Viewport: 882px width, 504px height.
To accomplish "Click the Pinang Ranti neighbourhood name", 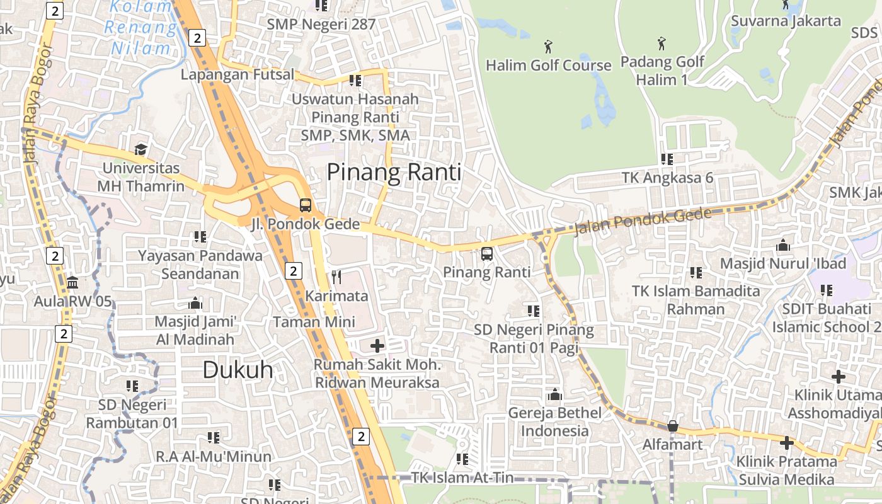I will point(394,172).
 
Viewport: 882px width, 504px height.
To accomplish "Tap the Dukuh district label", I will point(238,370).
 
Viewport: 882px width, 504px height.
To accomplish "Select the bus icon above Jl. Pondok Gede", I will point(306,205).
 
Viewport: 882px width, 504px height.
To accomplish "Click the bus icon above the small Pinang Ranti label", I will point(487,254).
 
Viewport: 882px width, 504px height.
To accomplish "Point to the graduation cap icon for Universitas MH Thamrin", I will point(140,150).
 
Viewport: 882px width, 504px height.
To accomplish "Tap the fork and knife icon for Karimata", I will point(336,277).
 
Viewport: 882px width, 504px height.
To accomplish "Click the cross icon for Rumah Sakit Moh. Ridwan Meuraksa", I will point(377,345).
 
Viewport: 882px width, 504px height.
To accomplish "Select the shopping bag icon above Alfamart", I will point(672,426).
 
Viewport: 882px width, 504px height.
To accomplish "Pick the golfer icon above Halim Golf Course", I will point(548,46).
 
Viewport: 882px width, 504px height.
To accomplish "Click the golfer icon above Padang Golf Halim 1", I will point(661,43).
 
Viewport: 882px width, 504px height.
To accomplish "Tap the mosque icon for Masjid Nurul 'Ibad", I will point(783,244).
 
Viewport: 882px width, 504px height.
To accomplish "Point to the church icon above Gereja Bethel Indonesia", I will point(555,394).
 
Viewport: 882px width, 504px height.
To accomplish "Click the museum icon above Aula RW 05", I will point(72,282).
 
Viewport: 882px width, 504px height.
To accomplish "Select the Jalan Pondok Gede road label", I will point(643,221).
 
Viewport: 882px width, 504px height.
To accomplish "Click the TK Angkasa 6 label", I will point(667,178).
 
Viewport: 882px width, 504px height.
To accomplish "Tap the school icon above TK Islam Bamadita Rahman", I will point(696,273).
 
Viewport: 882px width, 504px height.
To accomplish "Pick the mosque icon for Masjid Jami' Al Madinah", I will point(195,303).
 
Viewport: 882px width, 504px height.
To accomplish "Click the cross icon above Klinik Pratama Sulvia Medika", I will point(786,443).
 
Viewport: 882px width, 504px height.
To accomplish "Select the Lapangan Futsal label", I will point(238,74).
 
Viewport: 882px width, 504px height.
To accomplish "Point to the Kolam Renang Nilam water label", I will point(142,28).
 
